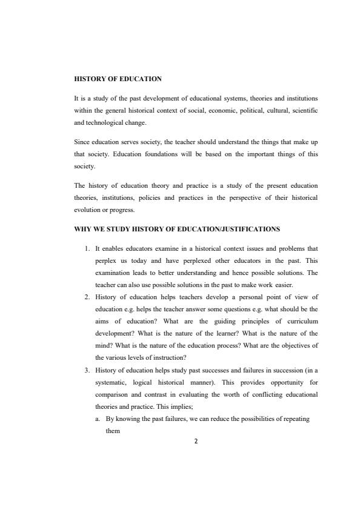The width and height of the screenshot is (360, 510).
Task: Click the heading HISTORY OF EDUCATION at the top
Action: [118, 79]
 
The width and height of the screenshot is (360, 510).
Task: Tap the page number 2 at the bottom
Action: [196, 441]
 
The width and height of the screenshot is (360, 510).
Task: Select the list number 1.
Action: [87, 248]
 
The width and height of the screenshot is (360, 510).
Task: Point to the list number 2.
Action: [87, 297]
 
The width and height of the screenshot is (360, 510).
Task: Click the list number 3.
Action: [87, 369]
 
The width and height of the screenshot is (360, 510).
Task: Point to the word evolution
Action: [88, 210]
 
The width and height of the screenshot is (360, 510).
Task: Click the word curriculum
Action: [301, 321]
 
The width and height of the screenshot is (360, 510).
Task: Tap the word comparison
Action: [115, 394]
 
